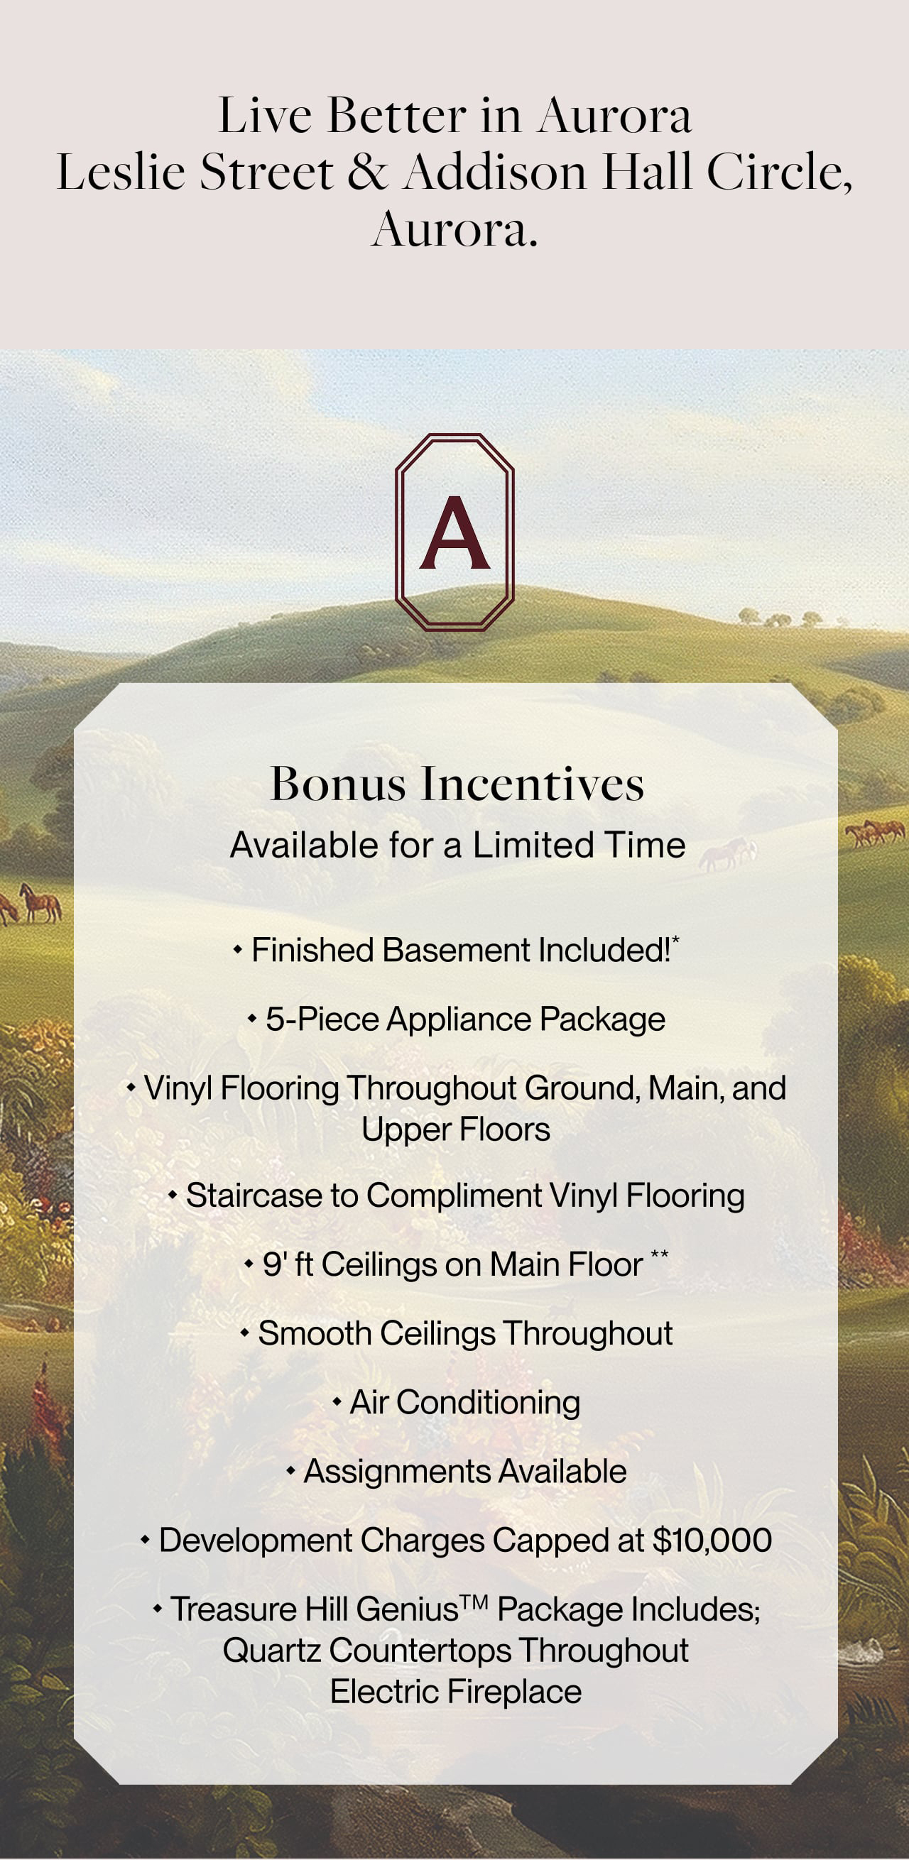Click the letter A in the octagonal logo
point(455,533)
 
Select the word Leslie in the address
point(122,173)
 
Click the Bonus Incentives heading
point(457,784)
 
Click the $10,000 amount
point(712,1540)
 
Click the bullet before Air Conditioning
point(337,1402)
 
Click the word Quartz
point(271,1651)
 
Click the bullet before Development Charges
point(145,1540)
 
